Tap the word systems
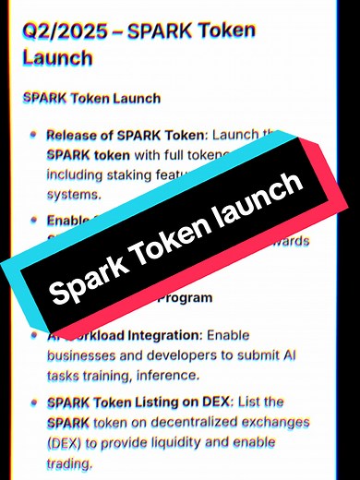(x=72, y=194)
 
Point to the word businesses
(x=84, y=354)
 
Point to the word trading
(x=70, y=462)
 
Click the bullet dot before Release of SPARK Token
(x=34, y=136)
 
